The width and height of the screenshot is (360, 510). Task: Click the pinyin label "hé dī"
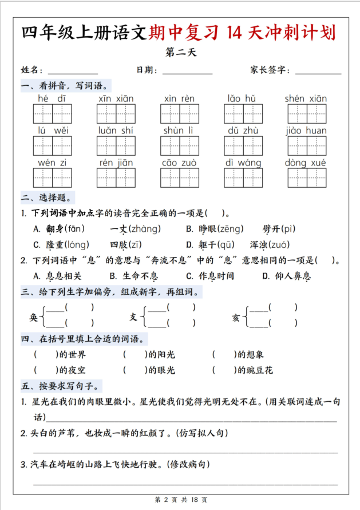pyautogui.click(x=52, y=98)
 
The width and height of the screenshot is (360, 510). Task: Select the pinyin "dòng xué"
pyautogui.click(x=306, y=163)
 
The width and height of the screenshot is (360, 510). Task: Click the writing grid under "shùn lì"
pyautogui.click(x=180, y=145)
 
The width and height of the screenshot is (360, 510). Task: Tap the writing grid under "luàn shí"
pyautogui.click(x=116, y=145)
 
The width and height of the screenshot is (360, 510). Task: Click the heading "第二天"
pyautogui.click(x=180, y=53)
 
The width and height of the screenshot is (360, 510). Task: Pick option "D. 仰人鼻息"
pyautogui.click(x=286, y=276)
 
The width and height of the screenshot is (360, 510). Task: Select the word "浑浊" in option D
pyautogui.click(x=260, y=245)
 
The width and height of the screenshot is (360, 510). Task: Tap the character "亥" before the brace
pyautogui.click(x=235, y=317)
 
